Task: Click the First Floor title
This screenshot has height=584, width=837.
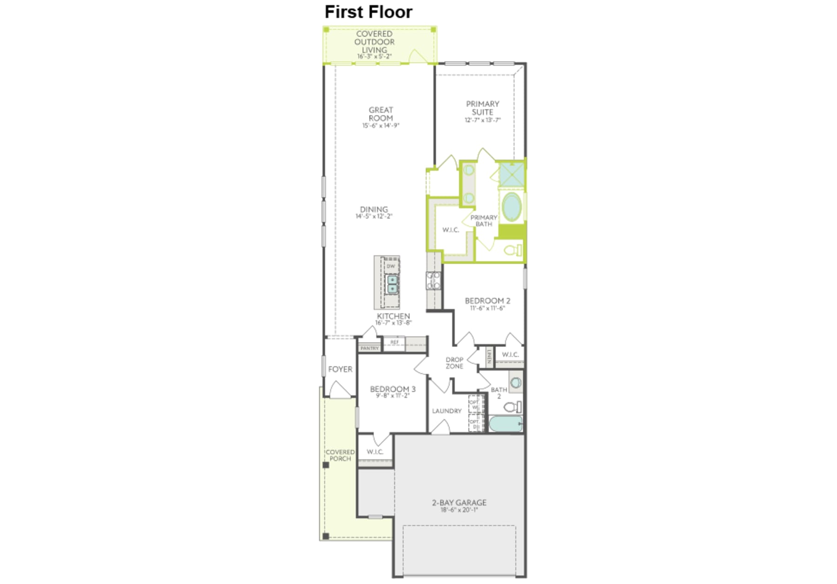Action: tap(368, 12)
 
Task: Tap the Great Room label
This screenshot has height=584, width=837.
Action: tap(381, 114)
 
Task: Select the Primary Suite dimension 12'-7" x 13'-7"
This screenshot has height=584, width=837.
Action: tap(483, 120)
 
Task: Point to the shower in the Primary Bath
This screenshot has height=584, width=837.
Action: tap(511, 174)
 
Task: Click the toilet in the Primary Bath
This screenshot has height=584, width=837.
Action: tap(513, 250)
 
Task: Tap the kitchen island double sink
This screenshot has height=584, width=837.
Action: tap(392, 284)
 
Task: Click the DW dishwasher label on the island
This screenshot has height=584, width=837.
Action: tap(391, 266)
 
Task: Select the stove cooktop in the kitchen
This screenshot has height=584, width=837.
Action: tap(433, 281)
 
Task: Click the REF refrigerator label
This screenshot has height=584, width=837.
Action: tap(394, 342)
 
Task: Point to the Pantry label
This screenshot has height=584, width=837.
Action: tap(370, 348)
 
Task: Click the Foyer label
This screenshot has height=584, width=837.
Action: tap(340, 369)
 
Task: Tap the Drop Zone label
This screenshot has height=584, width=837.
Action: tap(454, 363)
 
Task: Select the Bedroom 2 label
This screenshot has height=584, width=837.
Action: tap(487, 301)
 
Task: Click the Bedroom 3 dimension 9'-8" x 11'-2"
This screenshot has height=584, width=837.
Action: tap(393, 396)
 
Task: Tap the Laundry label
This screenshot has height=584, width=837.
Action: tap(446, 411)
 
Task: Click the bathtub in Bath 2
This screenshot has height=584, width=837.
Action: tap(505, 424)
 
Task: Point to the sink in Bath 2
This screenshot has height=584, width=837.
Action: tap(516, 383)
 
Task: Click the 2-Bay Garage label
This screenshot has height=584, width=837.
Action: tap(459, 503)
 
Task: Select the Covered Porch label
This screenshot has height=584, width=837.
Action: tap(340, 455)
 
